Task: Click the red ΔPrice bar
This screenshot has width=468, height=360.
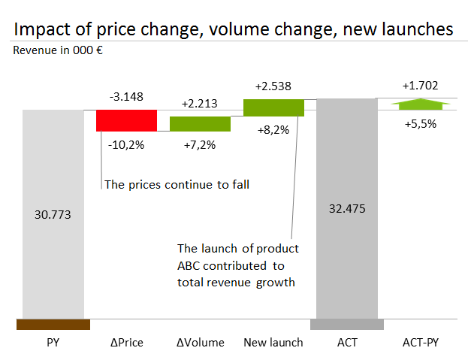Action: [126, 120]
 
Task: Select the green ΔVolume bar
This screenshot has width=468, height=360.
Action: [200, 124]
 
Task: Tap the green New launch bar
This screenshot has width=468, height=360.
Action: [273, 107]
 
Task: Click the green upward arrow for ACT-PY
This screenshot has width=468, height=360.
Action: [421, 104]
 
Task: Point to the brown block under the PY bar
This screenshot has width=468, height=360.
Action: [53, 325]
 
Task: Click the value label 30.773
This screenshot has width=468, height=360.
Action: [53, 215]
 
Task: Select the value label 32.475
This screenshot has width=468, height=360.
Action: [347, 209]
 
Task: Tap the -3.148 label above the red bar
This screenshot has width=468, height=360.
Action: [126, 97]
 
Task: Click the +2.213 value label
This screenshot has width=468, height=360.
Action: [200, 104]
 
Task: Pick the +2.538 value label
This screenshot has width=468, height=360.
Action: [273, 86]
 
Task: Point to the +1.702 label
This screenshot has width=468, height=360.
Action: [420, 86]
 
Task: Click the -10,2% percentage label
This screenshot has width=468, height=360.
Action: [126, 145]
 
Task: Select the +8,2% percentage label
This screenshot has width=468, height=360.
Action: [273, 130]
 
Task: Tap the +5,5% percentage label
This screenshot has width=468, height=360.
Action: [421, 123]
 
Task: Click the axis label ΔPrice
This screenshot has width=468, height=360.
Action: [127, 343]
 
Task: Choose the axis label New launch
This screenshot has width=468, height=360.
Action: [273, 343]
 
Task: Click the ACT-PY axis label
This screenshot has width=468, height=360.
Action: [421, 343]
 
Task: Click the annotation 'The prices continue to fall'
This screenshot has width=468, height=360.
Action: [177, 185]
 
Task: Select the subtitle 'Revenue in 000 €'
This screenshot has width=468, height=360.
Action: [58, 50]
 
